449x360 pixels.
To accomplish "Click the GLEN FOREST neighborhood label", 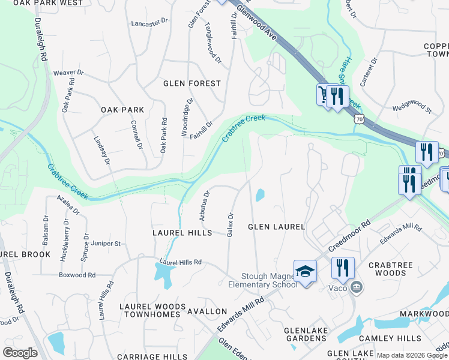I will (192, 83).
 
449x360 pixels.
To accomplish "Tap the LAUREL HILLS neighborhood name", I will (182, 232).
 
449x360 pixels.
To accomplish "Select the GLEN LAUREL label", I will (277, 227).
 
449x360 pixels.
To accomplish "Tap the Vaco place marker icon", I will (357, 286).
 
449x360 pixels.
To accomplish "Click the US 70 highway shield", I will (359, 119).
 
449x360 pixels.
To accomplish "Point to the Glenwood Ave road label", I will (259, 25).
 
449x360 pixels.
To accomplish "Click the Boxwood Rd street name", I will (77, 275).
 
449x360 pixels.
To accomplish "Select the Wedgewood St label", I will (411, 109).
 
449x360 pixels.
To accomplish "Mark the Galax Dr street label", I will (230, 224).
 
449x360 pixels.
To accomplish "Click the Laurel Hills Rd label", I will (180, 262).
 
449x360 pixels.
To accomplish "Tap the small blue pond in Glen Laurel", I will (260, 196).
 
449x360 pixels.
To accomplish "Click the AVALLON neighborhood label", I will (207, 311).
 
